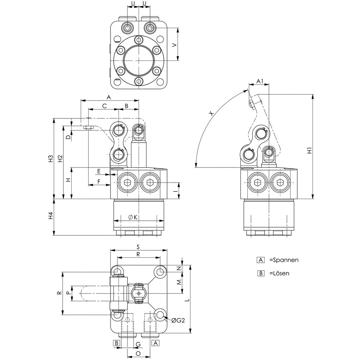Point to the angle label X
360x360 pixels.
pos(212,113)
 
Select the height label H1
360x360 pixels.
pos(309,151)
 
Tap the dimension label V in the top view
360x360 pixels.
pos(175,45)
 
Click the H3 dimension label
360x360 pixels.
pos(51,158)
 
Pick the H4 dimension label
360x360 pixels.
pos(51,216)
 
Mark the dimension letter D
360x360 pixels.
pos(67,137)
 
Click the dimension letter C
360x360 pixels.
pos(104,106)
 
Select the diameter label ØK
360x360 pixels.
pos(133,217)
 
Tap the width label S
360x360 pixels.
pos(138,247)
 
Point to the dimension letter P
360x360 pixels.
pos(68,293)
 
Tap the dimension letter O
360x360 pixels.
pos(138,354)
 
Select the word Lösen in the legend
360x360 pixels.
pos(281,273)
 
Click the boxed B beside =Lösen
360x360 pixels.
pos(261,273)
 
